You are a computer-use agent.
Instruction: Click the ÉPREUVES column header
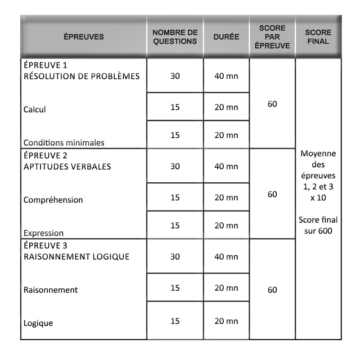coord(83,37)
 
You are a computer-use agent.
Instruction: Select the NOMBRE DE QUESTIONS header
coord(175,37)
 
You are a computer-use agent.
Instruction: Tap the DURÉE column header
coord(226,37)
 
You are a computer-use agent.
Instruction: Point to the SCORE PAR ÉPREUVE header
coord(272,37)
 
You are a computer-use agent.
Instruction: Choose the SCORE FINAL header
coord(318,37)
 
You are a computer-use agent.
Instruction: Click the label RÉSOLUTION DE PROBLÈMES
coord(81,76)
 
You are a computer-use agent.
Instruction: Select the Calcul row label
coord(35,109)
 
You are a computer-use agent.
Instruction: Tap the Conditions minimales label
coord(64,143)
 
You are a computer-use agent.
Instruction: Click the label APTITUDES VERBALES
coord(67,166)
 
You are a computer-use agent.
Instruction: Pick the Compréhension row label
coord(53,200)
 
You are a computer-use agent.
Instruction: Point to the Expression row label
coord(44,233)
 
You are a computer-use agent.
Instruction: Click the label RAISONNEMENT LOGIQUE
coord(76,257)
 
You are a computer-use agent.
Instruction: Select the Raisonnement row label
coord(50,290)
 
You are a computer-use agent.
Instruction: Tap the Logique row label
coord(38,323)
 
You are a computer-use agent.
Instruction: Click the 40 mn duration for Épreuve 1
coord(226,76)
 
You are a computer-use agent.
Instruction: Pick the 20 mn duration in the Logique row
coord(226,321)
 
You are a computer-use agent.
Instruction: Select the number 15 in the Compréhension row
coord(175,197)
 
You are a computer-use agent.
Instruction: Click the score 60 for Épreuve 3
coord(272,290)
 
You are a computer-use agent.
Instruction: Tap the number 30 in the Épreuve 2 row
coord(175,166)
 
